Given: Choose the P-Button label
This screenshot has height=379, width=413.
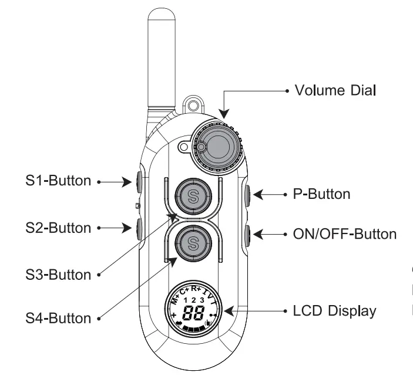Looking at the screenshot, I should tap(321, 194).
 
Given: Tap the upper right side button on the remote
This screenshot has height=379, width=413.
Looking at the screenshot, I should tap(247, 194).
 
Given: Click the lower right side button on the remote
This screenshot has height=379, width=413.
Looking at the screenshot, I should tap(247, 235).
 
